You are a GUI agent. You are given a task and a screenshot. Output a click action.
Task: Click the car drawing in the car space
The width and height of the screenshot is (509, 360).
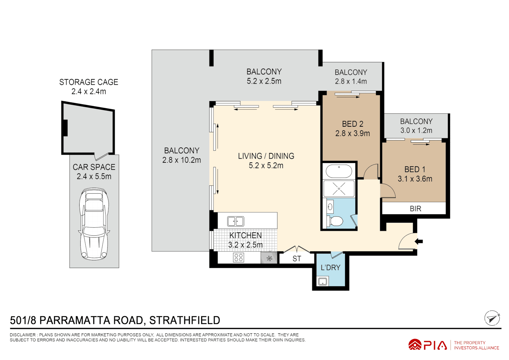click(94, 224)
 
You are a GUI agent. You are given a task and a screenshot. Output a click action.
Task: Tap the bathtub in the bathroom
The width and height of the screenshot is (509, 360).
click(338, 171)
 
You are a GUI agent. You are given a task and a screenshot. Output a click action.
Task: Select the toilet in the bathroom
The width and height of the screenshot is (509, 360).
click(335, 221)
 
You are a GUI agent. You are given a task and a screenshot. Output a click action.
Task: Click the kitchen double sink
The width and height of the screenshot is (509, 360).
click(236, 221)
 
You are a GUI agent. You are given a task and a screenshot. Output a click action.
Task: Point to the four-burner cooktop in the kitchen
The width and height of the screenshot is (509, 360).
click(239, 257)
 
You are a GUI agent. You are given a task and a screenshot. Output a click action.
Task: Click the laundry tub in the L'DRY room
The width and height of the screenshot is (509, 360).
click(322, 282)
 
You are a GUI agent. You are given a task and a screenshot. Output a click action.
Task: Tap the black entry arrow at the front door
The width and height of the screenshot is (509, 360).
click(419, 241)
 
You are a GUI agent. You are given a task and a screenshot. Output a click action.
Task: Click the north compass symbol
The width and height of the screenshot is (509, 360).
click(492, 318)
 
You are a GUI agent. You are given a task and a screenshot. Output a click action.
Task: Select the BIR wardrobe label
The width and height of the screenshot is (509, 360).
click(415, 209)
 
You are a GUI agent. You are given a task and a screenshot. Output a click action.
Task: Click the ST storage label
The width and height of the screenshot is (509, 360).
click(297, 259)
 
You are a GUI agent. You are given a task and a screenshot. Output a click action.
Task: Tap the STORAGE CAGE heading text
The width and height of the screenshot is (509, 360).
click(89, 82)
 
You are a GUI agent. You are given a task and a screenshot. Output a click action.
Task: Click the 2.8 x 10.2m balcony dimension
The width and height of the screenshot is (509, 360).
click(182, 160)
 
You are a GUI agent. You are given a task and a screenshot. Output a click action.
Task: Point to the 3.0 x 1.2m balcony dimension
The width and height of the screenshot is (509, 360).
click(416, 131)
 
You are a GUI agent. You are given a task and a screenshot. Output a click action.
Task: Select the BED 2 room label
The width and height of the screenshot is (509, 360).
click(352, 124)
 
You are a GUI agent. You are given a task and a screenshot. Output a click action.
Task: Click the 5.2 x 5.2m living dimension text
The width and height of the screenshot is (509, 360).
click(266, 166)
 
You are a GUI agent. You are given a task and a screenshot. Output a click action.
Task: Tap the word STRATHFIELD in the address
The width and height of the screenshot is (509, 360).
click(185, 320)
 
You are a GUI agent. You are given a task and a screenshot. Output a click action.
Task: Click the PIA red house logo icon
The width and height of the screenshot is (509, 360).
click(415, 345)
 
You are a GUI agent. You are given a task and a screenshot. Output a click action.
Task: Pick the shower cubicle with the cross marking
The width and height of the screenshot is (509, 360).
click(339, 189)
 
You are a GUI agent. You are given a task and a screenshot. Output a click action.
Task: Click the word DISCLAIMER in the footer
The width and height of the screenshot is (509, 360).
click(23, 335)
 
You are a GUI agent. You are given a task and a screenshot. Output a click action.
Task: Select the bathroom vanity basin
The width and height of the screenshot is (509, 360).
click(330, 207)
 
